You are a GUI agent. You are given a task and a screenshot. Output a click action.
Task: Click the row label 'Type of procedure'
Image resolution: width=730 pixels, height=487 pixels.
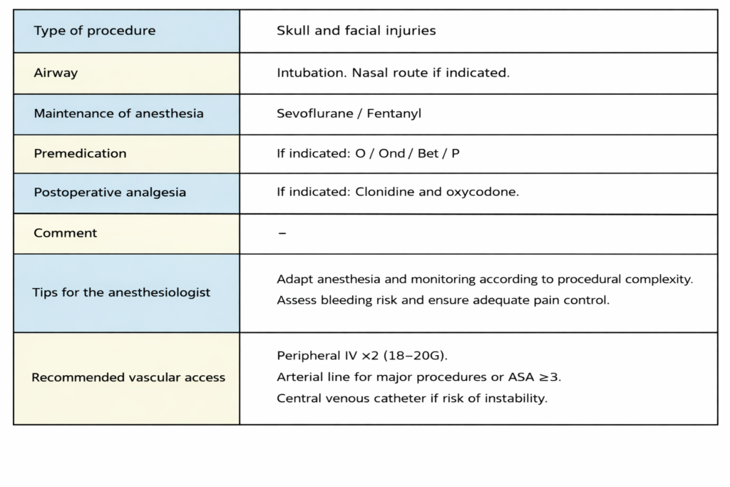(95, 31)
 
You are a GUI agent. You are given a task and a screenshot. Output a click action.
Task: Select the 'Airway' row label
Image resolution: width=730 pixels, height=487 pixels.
(56, 73)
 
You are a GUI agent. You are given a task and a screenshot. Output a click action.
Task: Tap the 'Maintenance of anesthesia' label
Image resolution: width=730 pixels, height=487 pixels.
(118, 113)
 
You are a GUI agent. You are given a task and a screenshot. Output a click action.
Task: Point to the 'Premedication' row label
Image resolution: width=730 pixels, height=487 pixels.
(80, 153)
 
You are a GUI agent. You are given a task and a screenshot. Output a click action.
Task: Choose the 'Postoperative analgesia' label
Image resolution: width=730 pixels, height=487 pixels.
(110, 193)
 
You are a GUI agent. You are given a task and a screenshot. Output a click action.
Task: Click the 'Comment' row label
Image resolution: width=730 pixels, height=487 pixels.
(66, 233)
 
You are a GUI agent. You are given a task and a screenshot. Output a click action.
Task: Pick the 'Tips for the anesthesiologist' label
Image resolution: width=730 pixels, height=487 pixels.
(121, 292)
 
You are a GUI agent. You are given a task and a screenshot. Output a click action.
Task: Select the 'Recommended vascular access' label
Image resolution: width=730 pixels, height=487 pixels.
(128, 377)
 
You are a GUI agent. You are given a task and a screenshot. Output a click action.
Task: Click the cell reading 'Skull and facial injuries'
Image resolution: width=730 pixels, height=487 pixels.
(356, 31)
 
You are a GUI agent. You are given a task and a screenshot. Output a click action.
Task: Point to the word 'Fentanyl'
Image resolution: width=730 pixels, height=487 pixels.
(394, 113)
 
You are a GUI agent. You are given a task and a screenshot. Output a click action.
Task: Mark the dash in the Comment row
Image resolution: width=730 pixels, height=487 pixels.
(282, 233)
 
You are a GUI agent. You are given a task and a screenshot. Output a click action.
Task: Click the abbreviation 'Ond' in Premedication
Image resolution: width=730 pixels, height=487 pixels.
(392, 153)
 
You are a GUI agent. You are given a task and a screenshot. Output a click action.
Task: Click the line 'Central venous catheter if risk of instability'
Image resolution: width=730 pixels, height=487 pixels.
(411, 398)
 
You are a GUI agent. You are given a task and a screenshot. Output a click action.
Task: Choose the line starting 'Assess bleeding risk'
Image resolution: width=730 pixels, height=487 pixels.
(443, 300)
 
